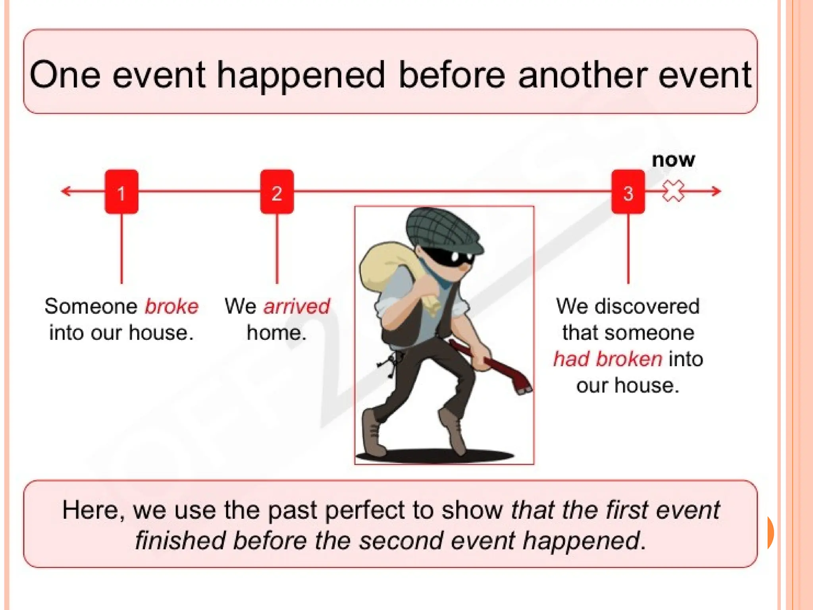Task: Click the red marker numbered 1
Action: click(121, 192)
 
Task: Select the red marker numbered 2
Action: click(277, 192)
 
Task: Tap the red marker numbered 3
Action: click(628, 192)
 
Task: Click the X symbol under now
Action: click(673, 191)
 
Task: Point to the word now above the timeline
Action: click(673, 160)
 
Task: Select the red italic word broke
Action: click(171, 307)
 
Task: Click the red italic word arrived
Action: click(297, 307)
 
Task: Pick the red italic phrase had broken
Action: click(608, 359)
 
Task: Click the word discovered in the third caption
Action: click(646, 307)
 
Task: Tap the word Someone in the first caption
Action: click(91, 307)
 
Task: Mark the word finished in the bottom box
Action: click(180, 541)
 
